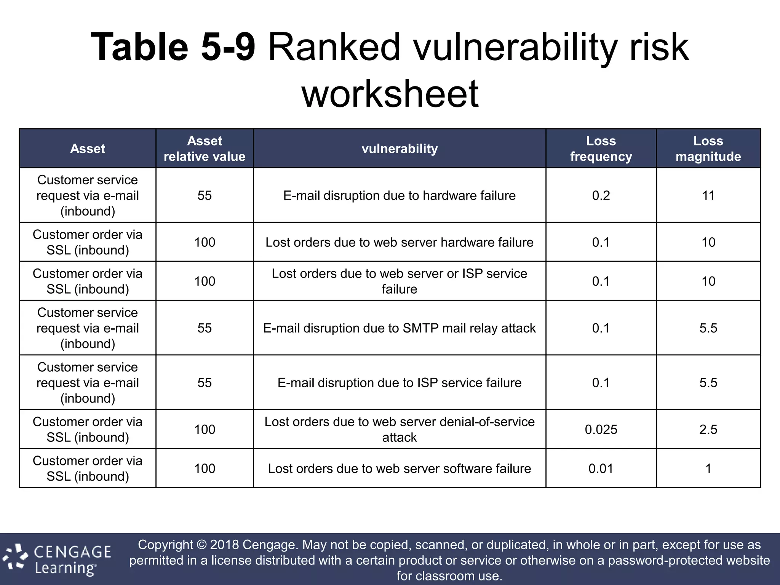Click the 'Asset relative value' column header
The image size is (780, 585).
pos(205,149)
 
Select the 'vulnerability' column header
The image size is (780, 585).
pos(400,149)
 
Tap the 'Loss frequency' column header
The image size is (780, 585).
pos(601,149)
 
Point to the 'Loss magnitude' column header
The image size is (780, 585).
pos(708,149)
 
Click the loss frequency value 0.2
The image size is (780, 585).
pos(601,195)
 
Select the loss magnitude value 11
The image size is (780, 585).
pos(708,195)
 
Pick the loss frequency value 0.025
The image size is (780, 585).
pos(601,430)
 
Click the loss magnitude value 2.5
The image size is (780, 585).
pos(708,430)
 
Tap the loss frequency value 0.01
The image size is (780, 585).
pos(601,468)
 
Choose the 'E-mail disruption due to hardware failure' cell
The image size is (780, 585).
pos(400,195)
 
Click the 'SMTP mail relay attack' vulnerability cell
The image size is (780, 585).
pos(400,328)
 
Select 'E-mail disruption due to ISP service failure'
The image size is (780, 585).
pos(400,383)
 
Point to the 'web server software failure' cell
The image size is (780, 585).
pos(400,468)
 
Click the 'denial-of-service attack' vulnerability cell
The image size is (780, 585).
pos(400,430)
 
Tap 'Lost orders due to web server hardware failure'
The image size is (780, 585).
pos(400,242)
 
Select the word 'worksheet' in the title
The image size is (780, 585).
pos(390,94)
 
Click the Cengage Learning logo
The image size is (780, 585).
pos(57,559)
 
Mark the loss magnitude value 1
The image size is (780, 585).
pos(708,468)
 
